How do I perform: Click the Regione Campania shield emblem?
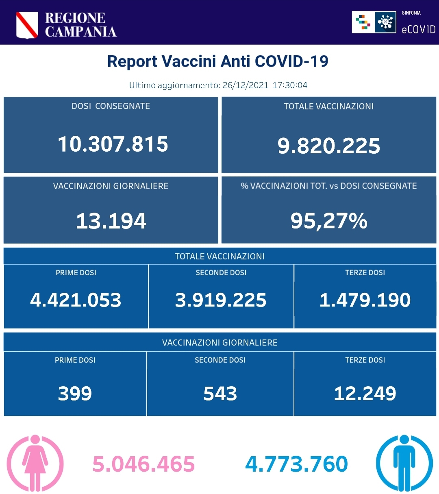coord(27,25)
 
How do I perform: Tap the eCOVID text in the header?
coord(418,29)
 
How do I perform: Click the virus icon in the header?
coord(385,22)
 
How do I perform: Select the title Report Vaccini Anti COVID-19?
coord(217,61)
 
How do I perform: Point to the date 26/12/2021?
coord(246,85)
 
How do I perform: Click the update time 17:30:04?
coord(290,85)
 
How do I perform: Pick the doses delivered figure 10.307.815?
coord(113,144)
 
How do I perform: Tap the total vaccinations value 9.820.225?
coord(328,146)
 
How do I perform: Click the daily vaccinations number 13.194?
coord(111,221)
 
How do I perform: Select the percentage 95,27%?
coord(328,221)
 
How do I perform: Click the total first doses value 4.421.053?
coord(76,300)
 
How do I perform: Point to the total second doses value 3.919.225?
coord(220,300)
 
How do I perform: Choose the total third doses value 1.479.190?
coord(365,300)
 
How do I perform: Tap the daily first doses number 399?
coord(75,394)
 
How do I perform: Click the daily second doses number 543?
coord(220,394)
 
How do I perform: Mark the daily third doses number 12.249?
coord(365,394)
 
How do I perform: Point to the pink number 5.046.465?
coord(143,464)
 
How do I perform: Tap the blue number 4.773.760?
coord(296,464)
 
